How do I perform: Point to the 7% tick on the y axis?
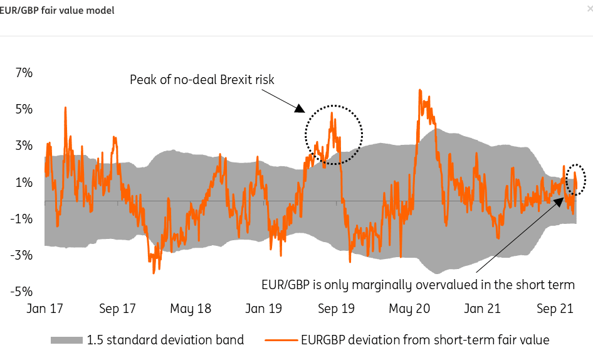(x=23, y=73)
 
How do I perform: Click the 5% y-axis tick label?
(x=23, y=109)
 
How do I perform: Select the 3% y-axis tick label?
(x=23, y=146)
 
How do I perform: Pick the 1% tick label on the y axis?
(x=23, y=183)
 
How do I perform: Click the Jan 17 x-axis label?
(x=45, y=309)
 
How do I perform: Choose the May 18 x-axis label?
(x=190, y=309)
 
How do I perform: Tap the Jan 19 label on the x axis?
(x=263, y=309)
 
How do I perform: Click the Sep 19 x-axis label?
(x=337, y=309)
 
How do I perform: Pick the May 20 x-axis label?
(x=410, y=309)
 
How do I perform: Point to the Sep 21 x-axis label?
(x=556, y=309)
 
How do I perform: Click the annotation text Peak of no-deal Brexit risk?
(x=202, y=80)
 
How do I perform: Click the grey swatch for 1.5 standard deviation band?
(x=67, y=341)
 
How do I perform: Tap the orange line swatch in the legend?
(x=280, y=341)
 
